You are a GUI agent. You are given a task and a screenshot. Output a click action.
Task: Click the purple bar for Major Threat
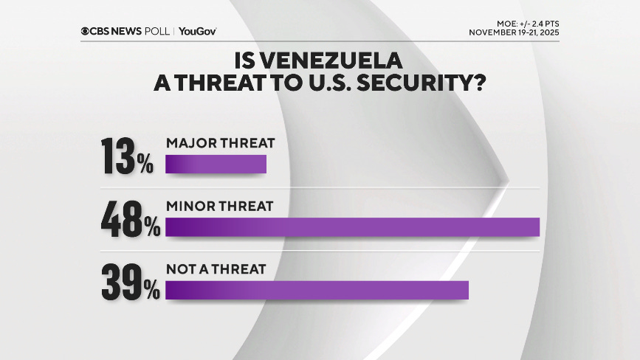point(216,165)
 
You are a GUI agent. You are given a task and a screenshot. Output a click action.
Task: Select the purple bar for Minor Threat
point(353,227)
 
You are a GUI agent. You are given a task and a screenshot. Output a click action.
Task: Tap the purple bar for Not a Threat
point(317,290)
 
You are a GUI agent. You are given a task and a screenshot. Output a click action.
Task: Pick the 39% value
point(131,281)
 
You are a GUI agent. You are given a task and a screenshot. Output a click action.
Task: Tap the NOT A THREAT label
point(216,269)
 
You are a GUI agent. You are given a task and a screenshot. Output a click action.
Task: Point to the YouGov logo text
point(197,31)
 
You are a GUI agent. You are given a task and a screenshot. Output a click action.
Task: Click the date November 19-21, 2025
point(514,33)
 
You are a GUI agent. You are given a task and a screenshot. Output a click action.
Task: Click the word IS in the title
point(245,58)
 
